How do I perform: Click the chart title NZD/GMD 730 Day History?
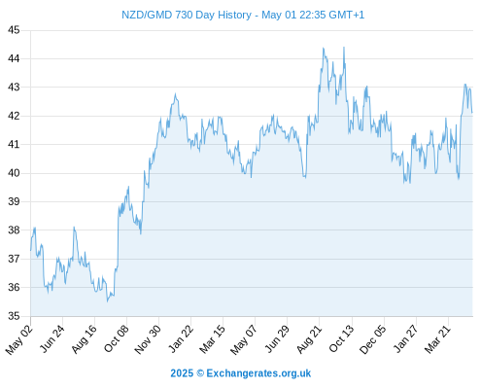(187, 15)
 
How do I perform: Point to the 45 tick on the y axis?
(14, 30)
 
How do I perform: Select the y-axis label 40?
(14, 173)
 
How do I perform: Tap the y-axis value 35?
(14, 316)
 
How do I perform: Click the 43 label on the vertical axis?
(14, 88)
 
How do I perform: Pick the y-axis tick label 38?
(14, 230)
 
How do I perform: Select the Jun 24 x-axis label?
(52, 339)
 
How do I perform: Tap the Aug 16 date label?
(84, 339)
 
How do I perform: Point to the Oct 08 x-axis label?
(116, 339)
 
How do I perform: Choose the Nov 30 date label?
(148, 339)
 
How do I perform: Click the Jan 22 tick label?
(180, 339)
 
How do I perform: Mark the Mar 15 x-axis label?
(212, 339)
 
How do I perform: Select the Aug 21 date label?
(309, 339)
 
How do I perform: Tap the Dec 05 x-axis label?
(373, 339)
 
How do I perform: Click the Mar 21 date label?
(437, 339)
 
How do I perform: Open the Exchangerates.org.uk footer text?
(258, 373)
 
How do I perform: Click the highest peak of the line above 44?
(344, 48)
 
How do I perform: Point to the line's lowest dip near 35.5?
(108, 301)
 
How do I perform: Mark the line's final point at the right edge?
(472, 113)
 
